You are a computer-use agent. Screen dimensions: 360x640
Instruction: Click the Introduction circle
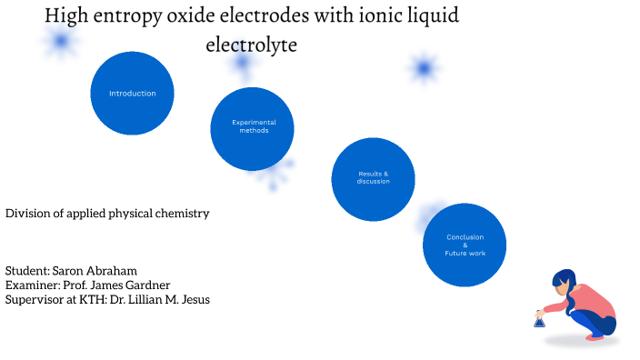tap(132, 94)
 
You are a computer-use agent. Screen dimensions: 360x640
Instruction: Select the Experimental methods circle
tap(253, 128)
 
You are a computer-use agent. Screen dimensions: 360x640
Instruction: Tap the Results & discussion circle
tap(373, 178)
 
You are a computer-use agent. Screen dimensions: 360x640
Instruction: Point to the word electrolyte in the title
tap(252, 44)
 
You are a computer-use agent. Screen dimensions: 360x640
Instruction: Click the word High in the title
tap(66, 16)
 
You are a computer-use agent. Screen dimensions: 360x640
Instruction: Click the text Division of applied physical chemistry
tap(107, 214)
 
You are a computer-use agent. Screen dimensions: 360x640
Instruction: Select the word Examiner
tap(31, 285)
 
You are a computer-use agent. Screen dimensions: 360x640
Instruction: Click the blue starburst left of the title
tap(61, 41)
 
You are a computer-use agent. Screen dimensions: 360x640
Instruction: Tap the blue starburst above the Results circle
tap(423, 68)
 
